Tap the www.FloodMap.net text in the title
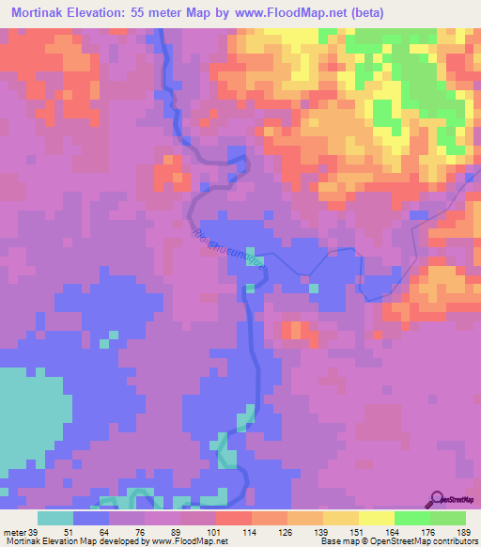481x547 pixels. point(290,14)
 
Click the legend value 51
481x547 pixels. point(67,532)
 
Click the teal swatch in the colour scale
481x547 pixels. point(54,518)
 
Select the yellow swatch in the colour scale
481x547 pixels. point(376,518)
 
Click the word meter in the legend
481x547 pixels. point(13,532)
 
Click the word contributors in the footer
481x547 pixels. point(451,541)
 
